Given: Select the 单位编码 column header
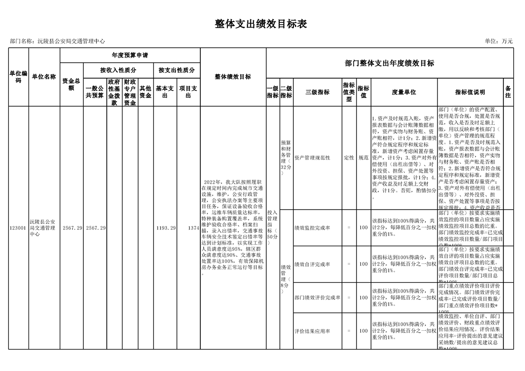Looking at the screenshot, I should click(18, 77).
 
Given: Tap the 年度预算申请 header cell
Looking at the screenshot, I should click(130, 55).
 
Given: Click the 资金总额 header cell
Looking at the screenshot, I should click(71, 85).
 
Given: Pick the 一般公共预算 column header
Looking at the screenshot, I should click(95, 92).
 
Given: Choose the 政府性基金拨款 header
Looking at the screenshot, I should click(114, 92).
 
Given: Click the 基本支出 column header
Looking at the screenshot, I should click(165, 92).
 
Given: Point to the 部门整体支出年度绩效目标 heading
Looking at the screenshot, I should click(389, 63).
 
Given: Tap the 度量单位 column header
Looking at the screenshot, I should click(404, 92).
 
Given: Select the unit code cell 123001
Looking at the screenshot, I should click(18, 228).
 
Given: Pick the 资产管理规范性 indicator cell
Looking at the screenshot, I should click(312, 158).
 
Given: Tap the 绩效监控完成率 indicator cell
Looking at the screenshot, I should click(312, 228).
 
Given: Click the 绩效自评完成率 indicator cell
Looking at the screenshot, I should click(312, 264).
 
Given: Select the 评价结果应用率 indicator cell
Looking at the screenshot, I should click(312, 331).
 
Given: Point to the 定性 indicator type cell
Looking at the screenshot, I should click(349, 158).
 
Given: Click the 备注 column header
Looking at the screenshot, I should click(508, 92).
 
